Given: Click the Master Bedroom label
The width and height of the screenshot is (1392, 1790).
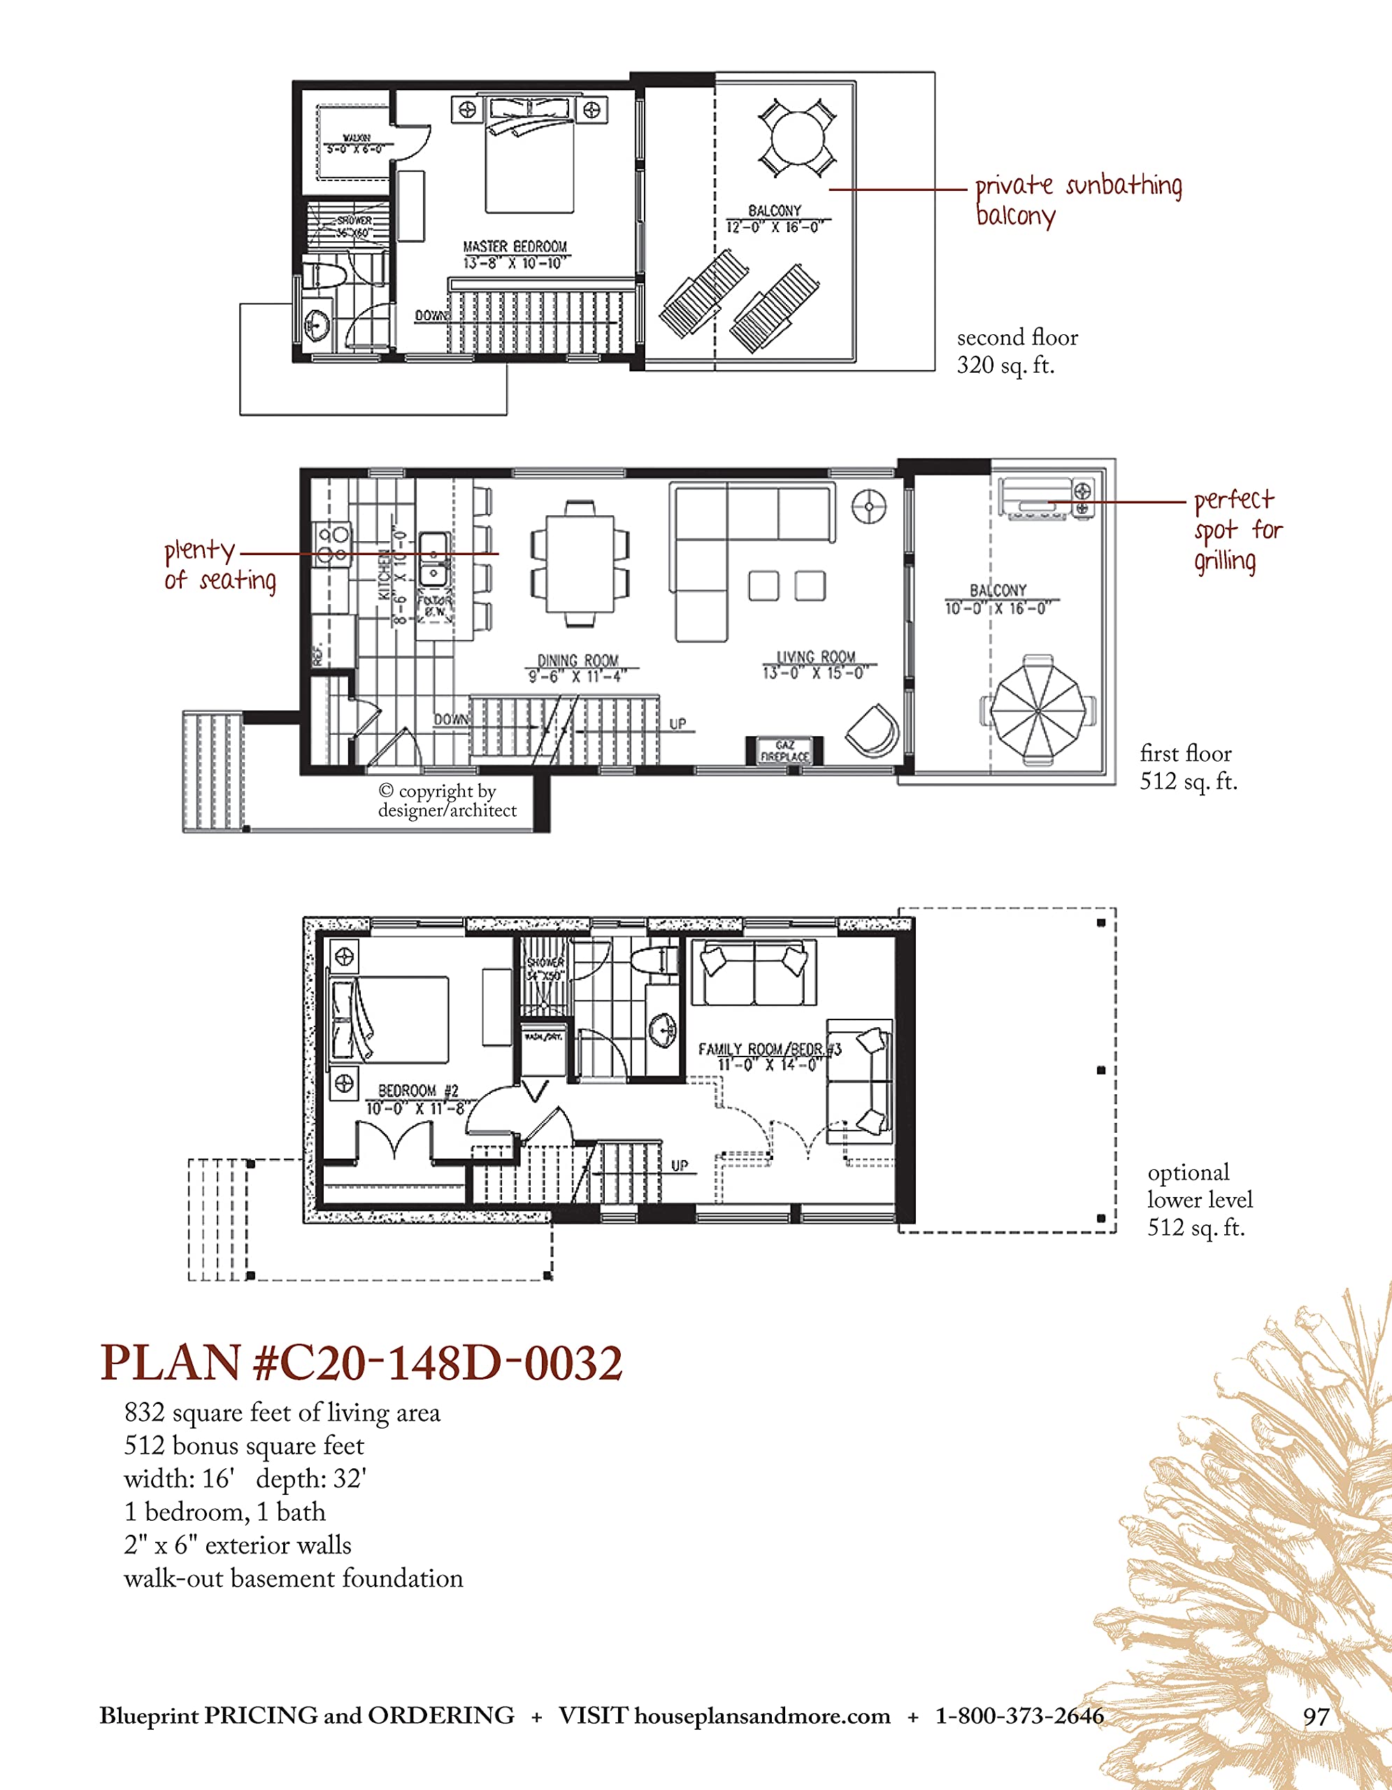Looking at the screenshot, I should pos(515,254).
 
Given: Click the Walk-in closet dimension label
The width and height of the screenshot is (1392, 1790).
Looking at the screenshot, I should pos(354,144).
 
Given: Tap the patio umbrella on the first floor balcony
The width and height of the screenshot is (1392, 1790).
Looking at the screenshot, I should pos(1039,709).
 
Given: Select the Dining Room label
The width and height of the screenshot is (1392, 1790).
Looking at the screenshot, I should pos(577,668).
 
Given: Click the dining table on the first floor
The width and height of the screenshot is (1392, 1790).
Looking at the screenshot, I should pos(580,562).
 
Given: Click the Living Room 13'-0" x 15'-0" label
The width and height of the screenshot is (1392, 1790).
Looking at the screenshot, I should pos(816,665).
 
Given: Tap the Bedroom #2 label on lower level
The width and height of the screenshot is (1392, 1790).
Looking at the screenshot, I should pos(417,1099).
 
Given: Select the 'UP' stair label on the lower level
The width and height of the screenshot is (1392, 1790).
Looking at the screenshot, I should pos(679,1166).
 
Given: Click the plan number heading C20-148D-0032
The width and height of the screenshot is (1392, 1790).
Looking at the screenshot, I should pos(361,1363).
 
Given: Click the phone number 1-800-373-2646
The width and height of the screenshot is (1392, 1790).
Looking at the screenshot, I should pos(1019,1715).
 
